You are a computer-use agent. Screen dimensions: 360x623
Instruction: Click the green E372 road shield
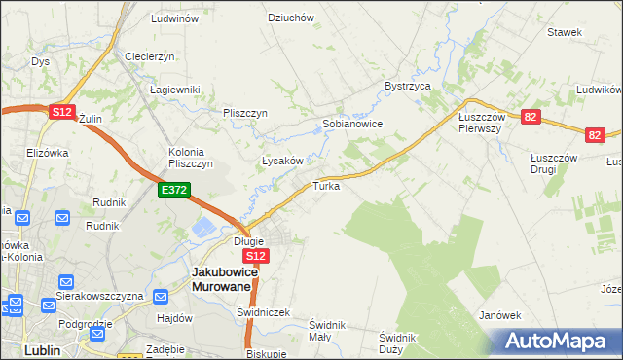[175, 191]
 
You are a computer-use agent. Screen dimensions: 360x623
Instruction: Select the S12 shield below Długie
[254, 256]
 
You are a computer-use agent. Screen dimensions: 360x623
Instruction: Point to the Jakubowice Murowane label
[224, 279]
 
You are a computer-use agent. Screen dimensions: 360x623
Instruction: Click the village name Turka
[326, 185]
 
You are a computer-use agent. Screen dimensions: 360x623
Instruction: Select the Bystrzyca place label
[407, 86]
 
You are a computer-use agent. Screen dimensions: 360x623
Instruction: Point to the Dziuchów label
[290, 18]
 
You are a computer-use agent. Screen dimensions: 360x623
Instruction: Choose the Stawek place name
[565, 32]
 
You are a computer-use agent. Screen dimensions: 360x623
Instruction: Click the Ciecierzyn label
[149, 56]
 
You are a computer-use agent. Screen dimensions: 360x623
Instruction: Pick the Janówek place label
[501, 315]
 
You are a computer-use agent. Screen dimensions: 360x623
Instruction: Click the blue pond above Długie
[206, 228]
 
